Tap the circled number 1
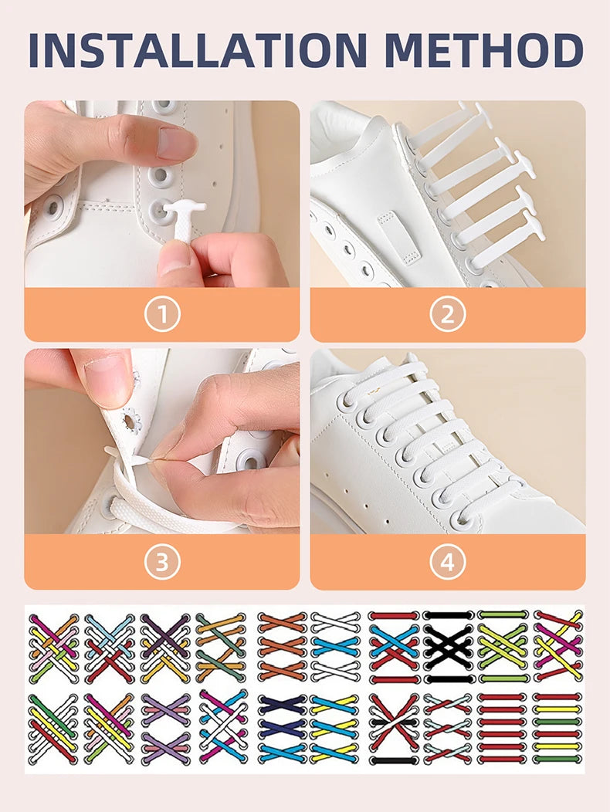click(162, 314)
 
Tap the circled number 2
click(448, 314)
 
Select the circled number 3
click(162, 562)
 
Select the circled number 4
click(448, 562)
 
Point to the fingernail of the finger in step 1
click(176, 142)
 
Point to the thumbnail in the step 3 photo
click(105, 379)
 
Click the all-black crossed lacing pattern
click(448, 647)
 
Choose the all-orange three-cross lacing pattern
click(281, 647)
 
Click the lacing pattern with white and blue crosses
click(335, 647)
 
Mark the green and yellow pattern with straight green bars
click(502, 647)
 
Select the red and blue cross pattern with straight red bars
click(394, 647)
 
